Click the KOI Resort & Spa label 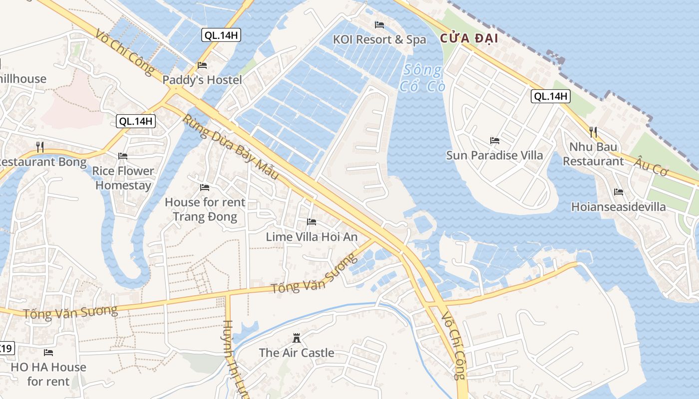coord(379,39)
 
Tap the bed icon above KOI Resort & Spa coord(379,24)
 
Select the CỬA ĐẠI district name coord(469,38)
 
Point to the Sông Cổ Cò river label coord(422,78)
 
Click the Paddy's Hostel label coord(202,80)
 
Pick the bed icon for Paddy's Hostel coord(202,65)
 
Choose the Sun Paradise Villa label coord(494,155)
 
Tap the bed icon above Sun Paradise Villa coord(495,140)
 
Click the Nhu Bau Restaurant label coord(593,154)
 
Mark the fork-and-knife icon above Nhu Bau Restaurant coord(593,132)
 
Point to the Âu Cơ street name coord(652,166)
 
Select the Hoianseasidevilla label coord(619,206)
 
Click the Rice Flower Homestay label coord(123,178)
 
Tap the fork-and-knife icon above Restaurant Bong coord(40,147)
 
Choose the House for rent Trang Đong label coord(205,209)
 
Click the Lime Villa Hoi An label coord(312,237)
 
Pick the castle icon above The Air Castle coord(297,338)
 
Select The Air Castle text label coord(297,353)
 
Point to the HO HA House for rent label coord(48,374)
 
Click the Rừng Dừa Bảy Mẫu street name coord(230,148)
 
